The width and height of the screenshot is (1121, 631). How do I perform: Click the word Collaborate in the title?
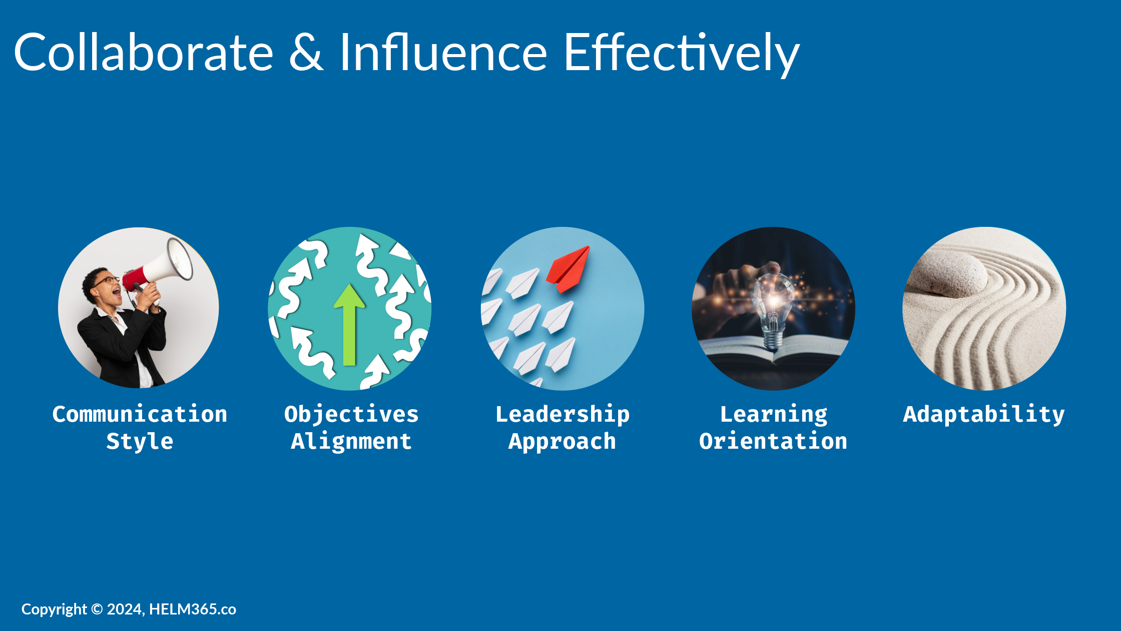[x=144, y=52]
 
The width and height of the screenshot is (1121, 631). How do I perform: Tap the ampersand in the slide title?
[x=306, y=52]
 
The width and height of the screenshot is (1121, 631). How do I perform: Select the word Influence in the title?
[x=443, y=52]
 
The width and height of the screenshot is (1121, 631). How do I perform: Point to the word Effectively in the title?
[x=682, y=54]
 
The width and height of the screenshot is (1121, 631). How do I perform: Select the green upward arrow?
[x=349, y=325]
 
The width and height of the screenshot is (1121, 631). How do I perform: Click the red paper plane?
[x=569, y=268]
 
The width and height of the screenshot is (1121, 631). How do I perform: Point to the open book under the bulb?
[x=773, y=353]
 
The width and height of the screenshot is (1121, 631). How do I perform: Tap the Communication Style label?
[x=140, y=428]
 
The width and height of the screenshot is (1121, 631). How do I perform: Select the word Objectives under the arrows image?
[x=351, y=415]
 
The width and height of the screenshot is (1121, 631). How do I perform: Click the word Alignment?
[x=351, y=442]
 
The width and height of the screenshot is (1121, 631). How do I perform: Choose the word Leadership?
[x=563, y=415]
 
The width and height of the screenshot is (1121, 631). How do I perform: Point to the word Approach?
[x=563, y=442]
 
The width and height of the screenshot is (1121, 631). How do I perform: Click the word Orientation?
[x=773, y=441]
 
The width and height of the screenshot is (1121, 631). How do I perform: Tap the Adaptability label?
[x=984, y=415]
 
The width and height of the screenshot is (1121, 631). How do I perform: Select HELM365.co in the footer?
[x=193, y=609]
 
